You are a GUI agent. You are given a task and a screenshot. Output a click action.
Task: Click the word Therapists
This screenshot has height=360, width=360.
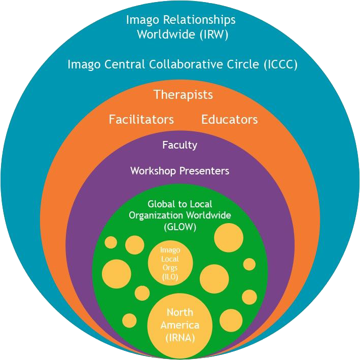pyautogui.click(x=183, y=94)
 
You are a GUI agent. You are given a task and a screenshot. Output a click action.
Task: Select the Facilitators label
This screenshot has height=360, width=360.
pyautogui.click(x=141, y=120)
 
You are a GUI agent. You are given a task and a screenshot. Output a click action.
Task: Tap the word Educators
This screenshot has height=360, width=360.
pyautogui.click(x=229, y=120)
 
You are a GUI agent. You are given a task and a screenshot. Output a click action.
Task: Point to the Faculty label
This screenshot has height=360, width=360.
pyautogui.click(x=179, y=145)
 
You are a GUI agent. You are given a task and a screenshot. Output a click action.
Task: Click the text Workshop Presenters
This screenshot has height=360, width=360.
pyautogui.click(x=179, y=171)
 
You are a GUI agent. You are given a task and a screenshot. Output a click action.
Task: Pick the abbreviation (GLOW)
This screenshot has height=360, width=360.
pyautogui.click(x=180, y=227)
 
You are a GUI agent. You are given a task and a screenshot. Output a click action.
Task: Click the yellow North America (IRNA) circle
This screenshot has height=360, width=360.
pyautogui.click(x=179, y=325)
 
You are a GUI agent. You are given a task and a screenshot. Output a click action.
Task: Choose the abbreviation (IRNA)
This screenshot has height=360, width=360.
pyautogui.click(x=180, y=337)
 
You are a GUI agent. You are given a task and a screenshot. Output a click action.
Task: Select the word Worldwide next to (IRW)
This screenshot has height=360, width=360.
pyautogui.click(x=166, y=34)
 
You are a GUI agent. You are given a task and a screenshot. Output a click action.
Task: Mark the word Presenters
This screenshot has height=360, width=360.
pyautogui.click(x=205, y=171)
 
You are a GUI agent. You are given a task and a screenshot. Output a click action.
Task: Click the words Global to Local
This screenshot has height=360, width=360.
pyautogui.click(x=179, y=204)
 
